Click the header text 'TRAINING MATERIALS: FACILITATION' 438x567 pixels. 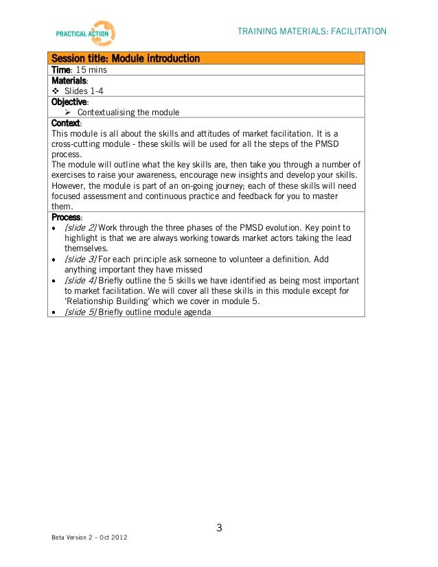312,32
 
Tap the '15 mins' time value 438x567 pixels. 91,69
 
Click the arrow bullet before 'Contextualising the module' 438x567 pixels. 69,113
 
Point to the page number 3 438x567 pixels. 219,528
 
